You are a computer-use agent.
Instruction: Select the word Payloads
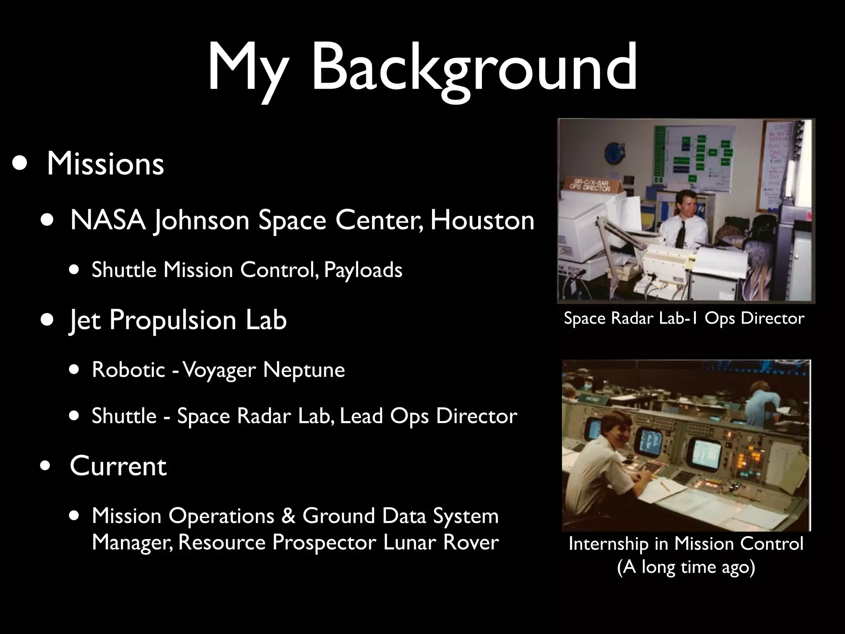coord(363,270)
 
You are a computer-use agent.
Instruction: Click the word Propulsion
coord(174,320)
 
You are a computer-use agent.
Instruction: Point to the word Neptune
coord(304,369)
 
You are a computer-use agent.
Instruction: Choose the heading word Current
coord(118,466)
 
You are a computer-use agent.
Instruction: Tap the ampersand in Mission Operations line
coord(288,516)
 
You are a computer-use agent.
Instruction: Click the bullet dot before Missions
coord(20,163)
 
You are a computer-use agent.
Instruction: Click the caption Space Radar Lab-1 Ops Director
coord(684,319)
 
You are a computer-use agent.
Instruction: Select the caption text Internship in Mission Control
coord(686,544)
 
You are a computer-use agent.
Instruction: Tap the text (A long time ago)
coord(686,567)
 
